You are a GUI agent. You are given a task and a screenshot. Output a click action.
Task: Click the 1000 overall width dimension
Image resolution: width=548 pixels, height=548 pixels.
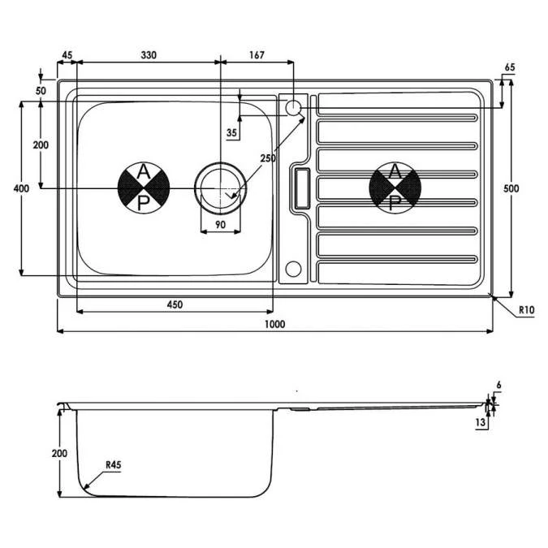pos(274,324)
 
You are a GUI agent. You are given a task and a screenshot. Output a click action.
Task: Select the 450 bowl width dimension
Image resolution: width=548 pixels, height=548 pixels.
pos(175,304)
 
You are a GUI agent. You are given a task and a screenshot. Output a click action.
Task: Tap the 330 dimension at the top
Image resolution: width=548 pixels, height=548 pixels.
pos(149,55)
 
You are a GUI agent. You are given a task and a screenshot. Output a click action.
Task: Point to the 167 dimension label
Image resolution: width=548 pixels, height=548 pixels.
pos(257,55)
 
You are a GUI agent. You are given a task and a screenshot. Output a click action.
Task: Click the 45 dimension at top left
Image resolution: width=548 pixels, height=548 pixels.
pos(67,55)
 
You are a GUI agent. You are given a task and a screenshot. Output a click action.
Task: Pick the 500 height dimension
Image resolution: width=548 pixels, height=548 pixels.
pos(511,188)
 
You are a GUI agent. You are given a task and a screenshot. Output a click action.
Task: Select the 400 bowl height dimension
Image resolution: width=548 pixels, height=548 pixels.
pos(21,188)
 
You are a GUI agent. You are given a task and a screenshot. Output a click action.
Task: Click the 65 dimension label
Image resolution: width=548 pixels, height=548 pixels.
pos(510,67)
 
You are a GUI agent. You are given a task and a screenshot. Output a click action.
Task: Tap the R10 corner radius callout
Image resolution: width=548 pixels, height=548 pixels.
pos(527,310)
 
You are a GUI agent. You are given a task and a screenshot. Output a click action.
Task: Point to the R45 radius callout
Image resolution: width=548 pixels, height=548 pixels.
pos(114,465)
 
